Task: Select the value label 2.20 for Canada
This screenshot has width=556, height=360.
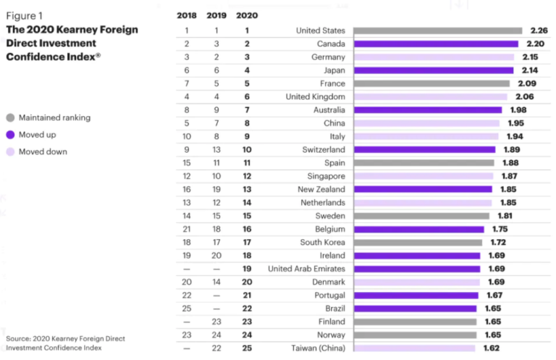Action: [534, 43]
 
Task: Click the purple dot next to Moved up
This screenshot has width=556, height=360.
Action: [10, 135]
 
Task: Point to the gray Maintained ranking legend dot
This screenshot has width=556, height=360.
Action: [10, 117]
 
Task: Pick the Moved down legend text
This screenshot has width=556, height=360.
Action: [43, 152]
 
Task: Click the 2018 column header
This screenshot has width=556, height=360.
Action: [186, 14]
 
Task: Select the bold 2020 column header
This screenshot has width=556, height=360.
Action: [247, 14]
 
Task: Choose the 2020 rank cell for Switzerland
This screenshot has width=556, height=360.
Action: [247, 149]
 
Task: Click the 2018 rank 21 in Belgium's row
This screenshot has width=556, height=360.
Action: [186, 229]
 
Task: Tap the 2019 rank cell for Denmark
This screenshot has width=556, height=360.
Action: [216, 282]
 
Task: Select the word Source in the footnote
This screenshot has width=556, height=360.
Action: [18, 338]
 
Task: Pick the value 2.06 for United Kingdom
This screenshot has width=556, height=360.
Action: [523, 96]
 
